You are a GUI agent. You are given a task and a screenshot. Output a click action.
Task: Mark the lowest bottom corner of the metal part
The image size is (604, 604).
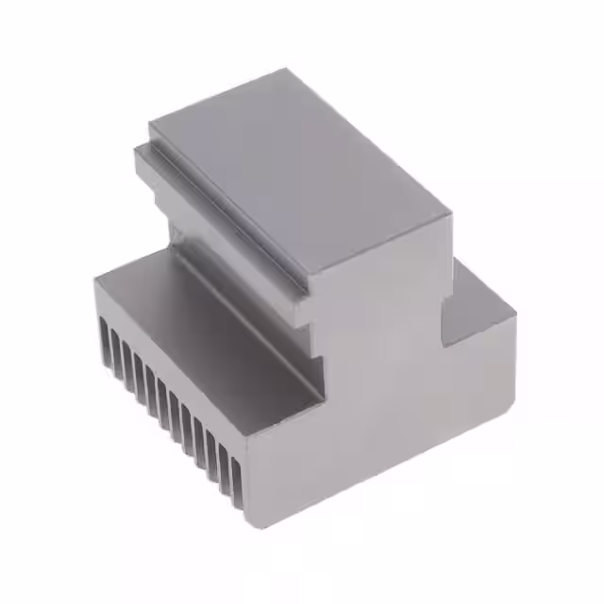[249, 525]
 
